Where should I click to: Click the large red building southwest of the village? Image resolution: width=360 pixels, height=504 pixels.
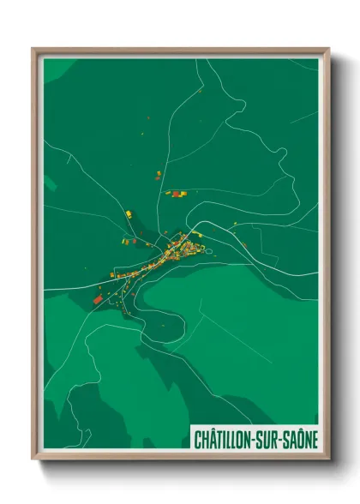click(97, 298)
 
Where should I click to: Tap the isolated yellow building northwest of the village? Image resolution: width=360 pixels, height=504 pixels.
click(129, 213)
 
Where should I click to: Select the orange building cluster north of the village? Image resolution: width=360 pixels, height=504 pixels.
click(176, 194)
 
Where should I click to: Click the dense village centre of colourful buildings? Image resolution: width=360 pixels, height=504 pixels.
click(182, 249)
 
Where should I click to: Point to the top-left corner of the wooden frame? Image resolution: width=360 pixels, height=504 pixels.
click(33, 49)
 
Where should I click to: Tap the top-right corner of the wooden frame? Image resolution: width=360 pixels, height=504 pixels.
click(328, 49)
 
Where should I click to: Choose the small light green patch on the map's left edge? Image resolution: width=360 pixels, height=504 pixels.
click(48, 185)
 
